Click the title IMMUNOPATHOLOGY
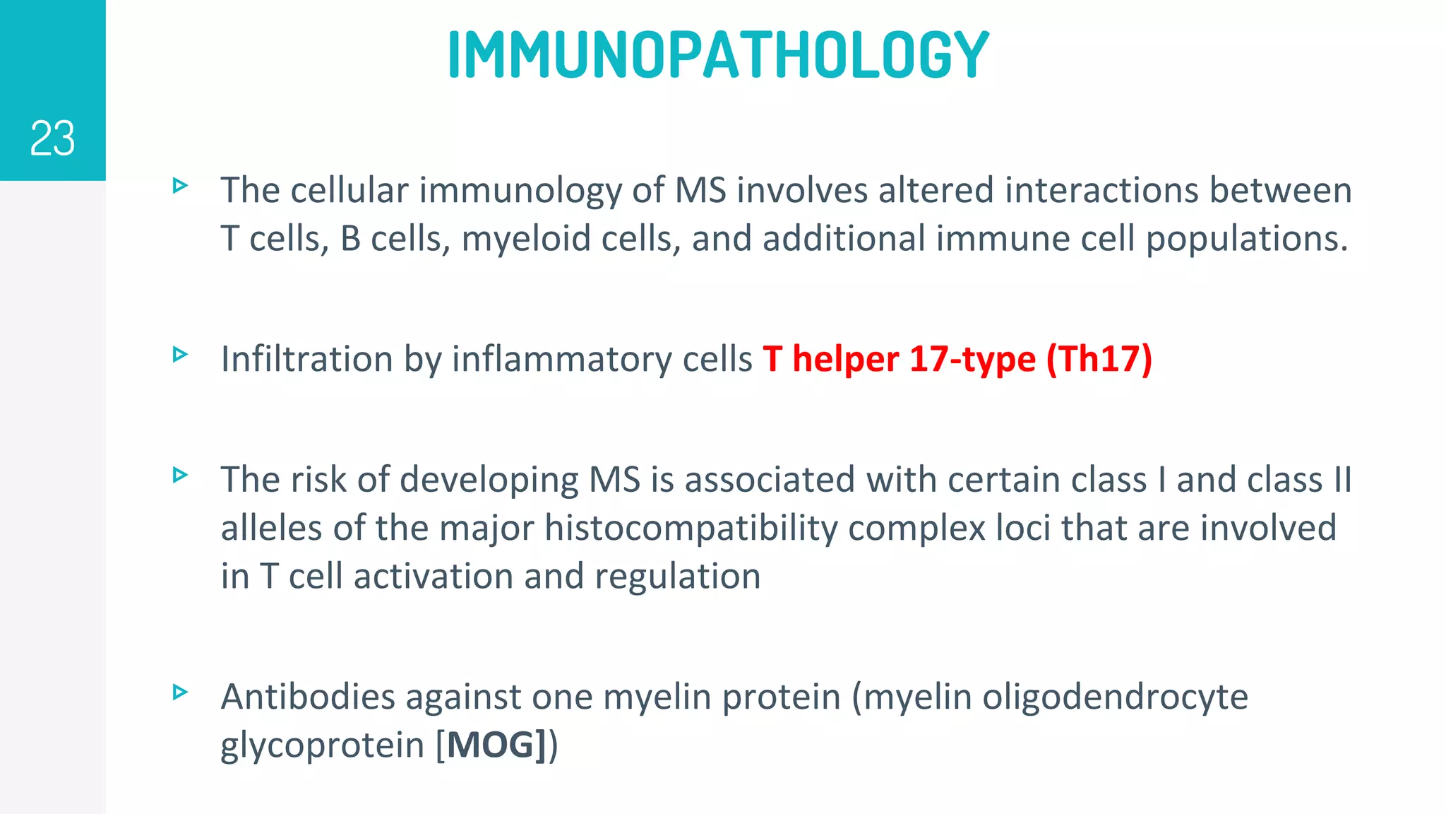[719, 54]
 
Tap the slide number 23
[52, 138]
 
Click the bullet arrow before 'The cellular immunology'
[180, 186]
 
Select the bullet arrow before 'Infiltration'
[180, 354]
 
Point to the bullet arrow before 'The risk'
[180, 475]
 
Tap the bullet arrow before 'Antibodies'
[180, 692]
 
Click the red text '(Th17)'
[1099, 359]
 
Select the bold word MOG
[491, 745]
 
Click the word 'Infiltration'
[306, 359]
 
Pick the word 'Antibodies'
[308, 697]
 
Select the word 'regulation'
[678, 577]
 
